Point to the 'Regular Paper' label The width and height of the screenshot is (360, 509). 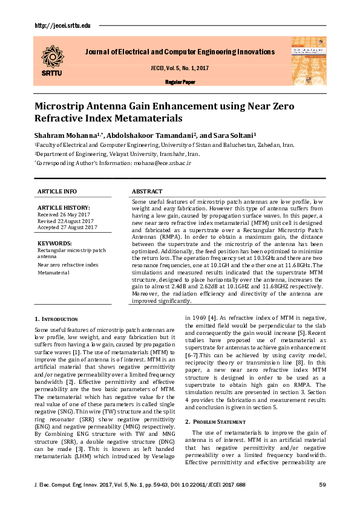tap(180, 82)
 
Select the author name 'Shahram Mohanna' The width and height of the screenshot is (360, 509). tap(63, 135)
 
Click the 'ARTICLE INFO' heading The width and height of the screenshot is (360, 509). tap(57, 191)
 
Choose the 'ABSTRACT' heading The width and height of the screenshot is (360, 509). tap(146, 191)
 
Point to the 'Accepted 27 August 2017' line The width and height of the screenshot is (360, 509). tap(67, 227)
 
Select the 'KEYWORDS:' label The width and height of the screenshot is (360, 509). tap(54, 243)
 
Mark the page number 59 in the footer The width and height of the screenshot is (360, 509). tap(322, 485)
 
